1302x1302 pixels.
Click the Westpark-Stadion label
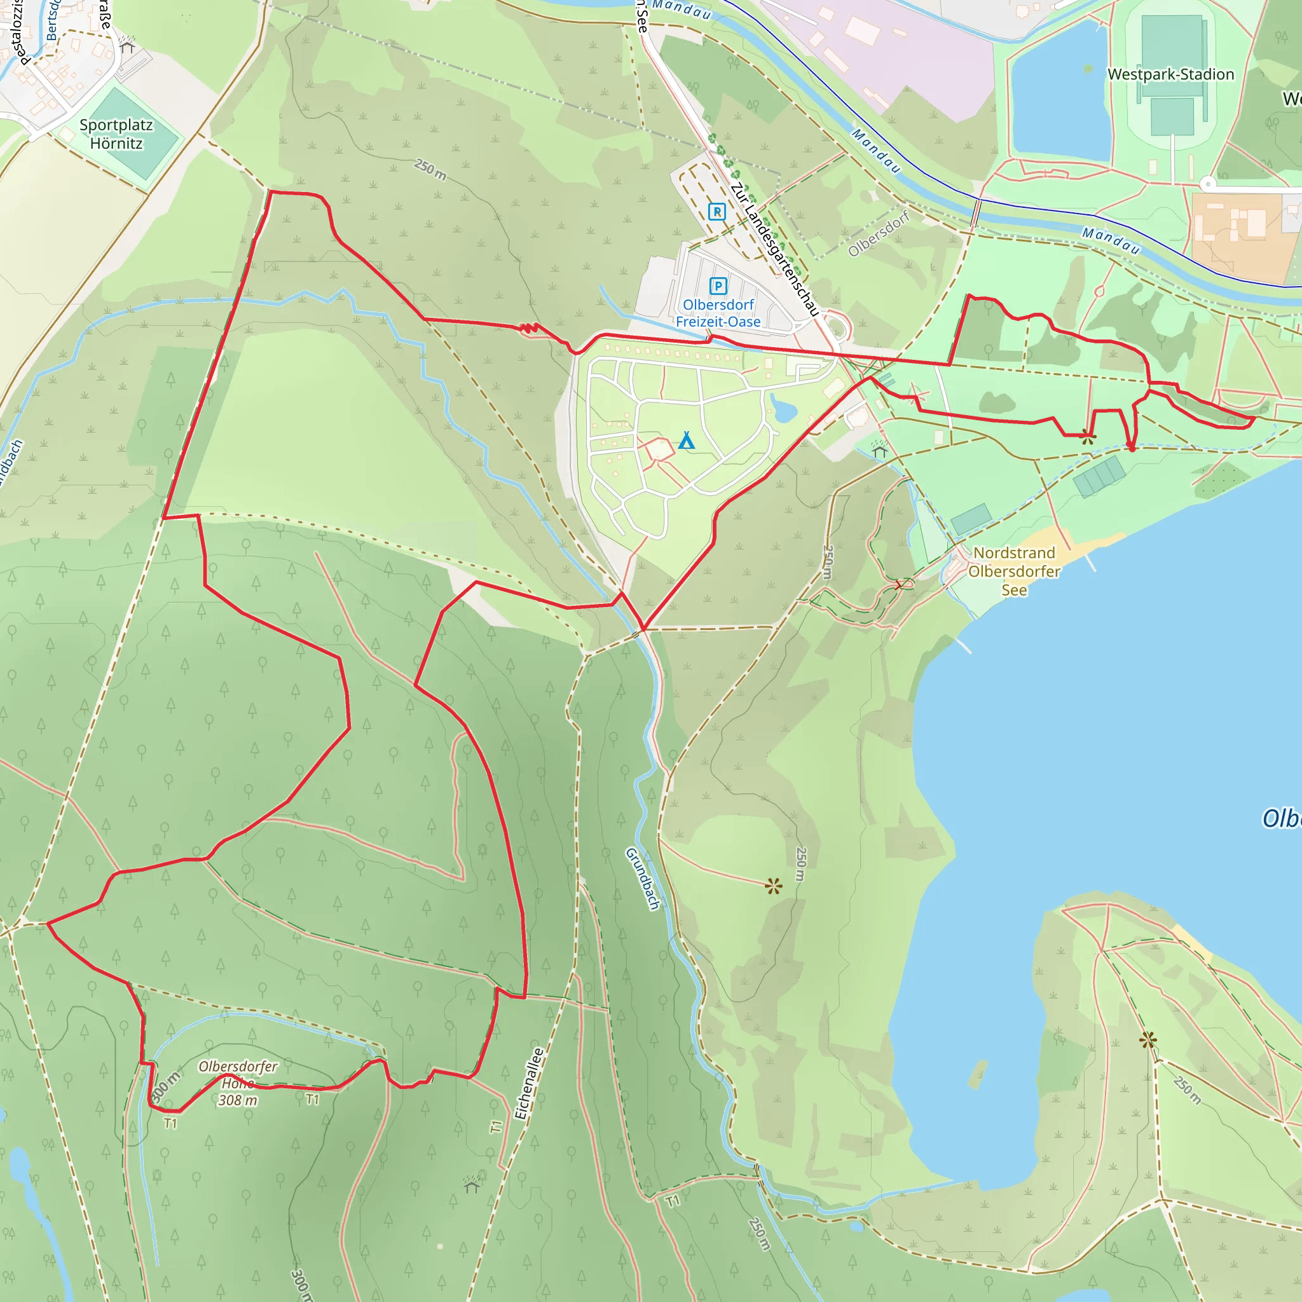[1170, 74]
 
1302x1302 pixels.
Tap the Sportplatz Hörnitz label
[116, 134]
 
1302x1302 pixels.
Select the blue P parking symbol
[718, 287]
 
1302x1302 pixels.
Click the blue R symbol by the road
[717, 212]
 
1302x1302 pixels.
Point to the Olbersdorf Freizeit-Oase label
[718, 313]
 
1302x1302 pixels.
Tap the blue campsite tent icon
[686, 441]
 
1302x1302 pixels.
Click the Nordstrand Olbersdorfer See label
[1013, 572]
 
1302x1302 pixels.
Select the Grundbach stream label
[642, 879]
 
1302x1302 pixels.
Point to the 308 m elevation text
[238, 1100]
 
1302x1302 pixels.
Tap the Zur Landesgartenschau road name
[775, 249]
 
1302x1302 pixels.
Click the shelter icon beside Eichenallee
[472, 1184]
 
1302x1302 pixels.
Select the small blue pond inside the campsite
[783, 408]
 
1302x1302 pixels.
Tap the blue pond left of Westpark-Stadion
[1059, 94]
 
